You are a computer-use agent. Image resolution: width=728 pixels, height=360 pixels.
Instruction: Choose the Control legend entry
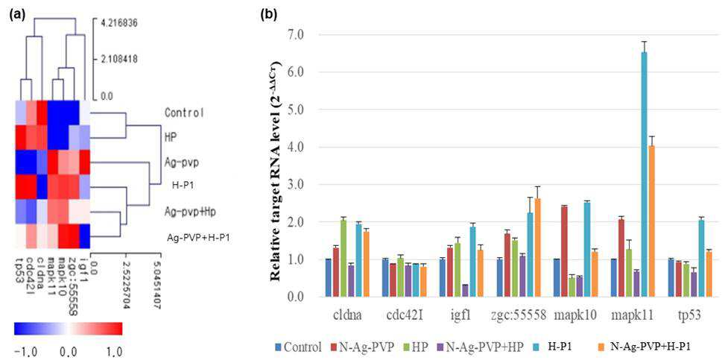pos(299,347)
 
